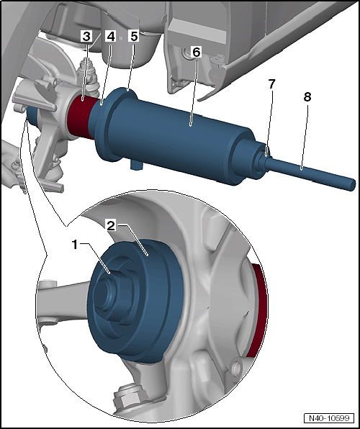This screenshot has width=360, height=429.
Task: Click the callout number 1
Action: (75, 245)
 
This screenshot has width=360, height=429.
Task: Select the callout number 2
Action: (112, 227)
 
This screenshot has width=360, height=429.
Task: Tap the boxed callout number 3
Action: (86, 37)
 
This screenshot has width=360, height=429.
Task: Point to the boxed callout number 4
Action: (111, 37)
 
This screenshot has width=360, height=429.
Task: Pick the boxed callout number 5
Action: (134, 37)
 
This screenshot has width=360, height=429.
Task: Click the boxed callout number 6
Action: (197, 52)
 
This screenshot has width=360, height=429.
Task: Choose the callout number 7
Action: (271, 84)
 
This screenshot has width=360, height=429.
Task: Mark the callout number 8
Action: (307, 97)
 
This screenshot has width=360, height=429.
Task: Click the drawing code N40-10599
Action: (329, 418)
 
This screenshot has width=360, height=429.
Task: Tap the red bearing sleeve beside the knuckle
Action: (81, 117)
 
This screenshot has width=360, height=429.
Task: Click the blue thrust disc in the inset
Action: (137, 301)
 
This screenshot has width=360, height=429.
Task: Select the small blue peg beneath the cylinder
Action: (135, 166)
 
